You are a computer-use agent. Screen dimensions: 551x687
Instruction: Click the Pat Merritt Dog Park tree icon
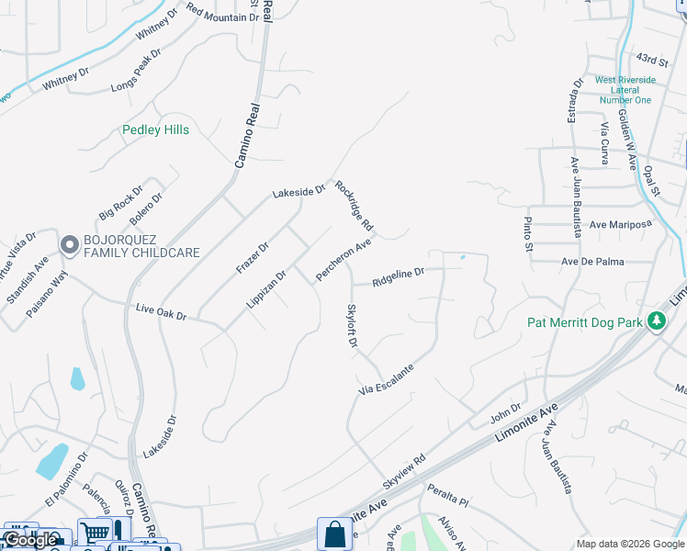(x=656, y=321)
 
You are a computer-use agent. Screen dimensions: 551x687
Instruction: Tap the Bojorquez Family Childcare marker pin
(x=69, y=245)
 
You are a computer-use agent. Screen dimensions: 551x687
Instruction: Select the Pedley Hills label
(x=156, y=130)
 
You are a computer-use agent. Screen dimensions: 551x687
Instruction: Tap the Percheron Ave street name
(x=343, y=261)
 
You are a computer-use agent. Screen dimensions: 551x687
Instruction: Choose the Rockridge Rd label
(x=354, y=205)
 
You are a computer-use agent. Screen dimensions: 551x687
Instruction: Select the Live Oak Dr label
(x=161, y=314)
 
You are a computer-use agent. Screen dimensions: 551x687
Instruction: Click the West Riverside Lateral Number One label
(x=625, y=90)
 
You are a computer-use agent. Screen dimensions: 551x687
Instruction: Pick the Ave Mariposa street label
(x=620, y=224)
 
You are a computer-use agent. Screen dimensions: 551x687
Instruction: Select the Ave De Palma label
(x=592, y=262)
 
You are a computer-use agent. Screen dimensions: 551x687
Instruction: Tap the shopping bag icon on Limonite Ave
(x=334, y=534)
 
